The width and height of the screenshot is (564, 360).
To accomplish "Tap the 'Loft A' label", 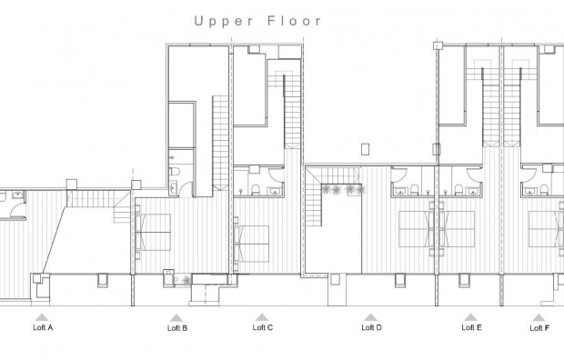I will (43, 327).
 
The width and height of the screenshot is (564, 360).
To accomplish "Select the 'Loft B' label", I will (177, 327).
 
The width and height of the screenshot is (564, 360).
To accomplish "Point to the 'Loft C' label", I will (263, 327).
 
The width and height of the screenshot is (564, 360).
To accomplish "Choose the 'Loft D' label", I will (371, 327).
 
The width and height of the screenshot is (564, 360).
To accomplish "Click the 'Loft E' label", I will (471, 327).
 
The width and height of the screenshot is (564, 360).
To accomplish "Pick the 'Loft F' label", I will (539, 327).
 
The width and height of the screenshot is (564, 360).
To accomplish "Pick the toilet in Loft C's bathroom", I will (257, 190).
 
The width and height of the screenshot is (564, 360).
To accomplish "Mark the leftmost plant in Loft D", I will (327, 189).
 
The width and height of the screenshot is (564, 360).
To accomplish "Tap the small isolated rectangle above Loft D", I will (366, 148).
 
